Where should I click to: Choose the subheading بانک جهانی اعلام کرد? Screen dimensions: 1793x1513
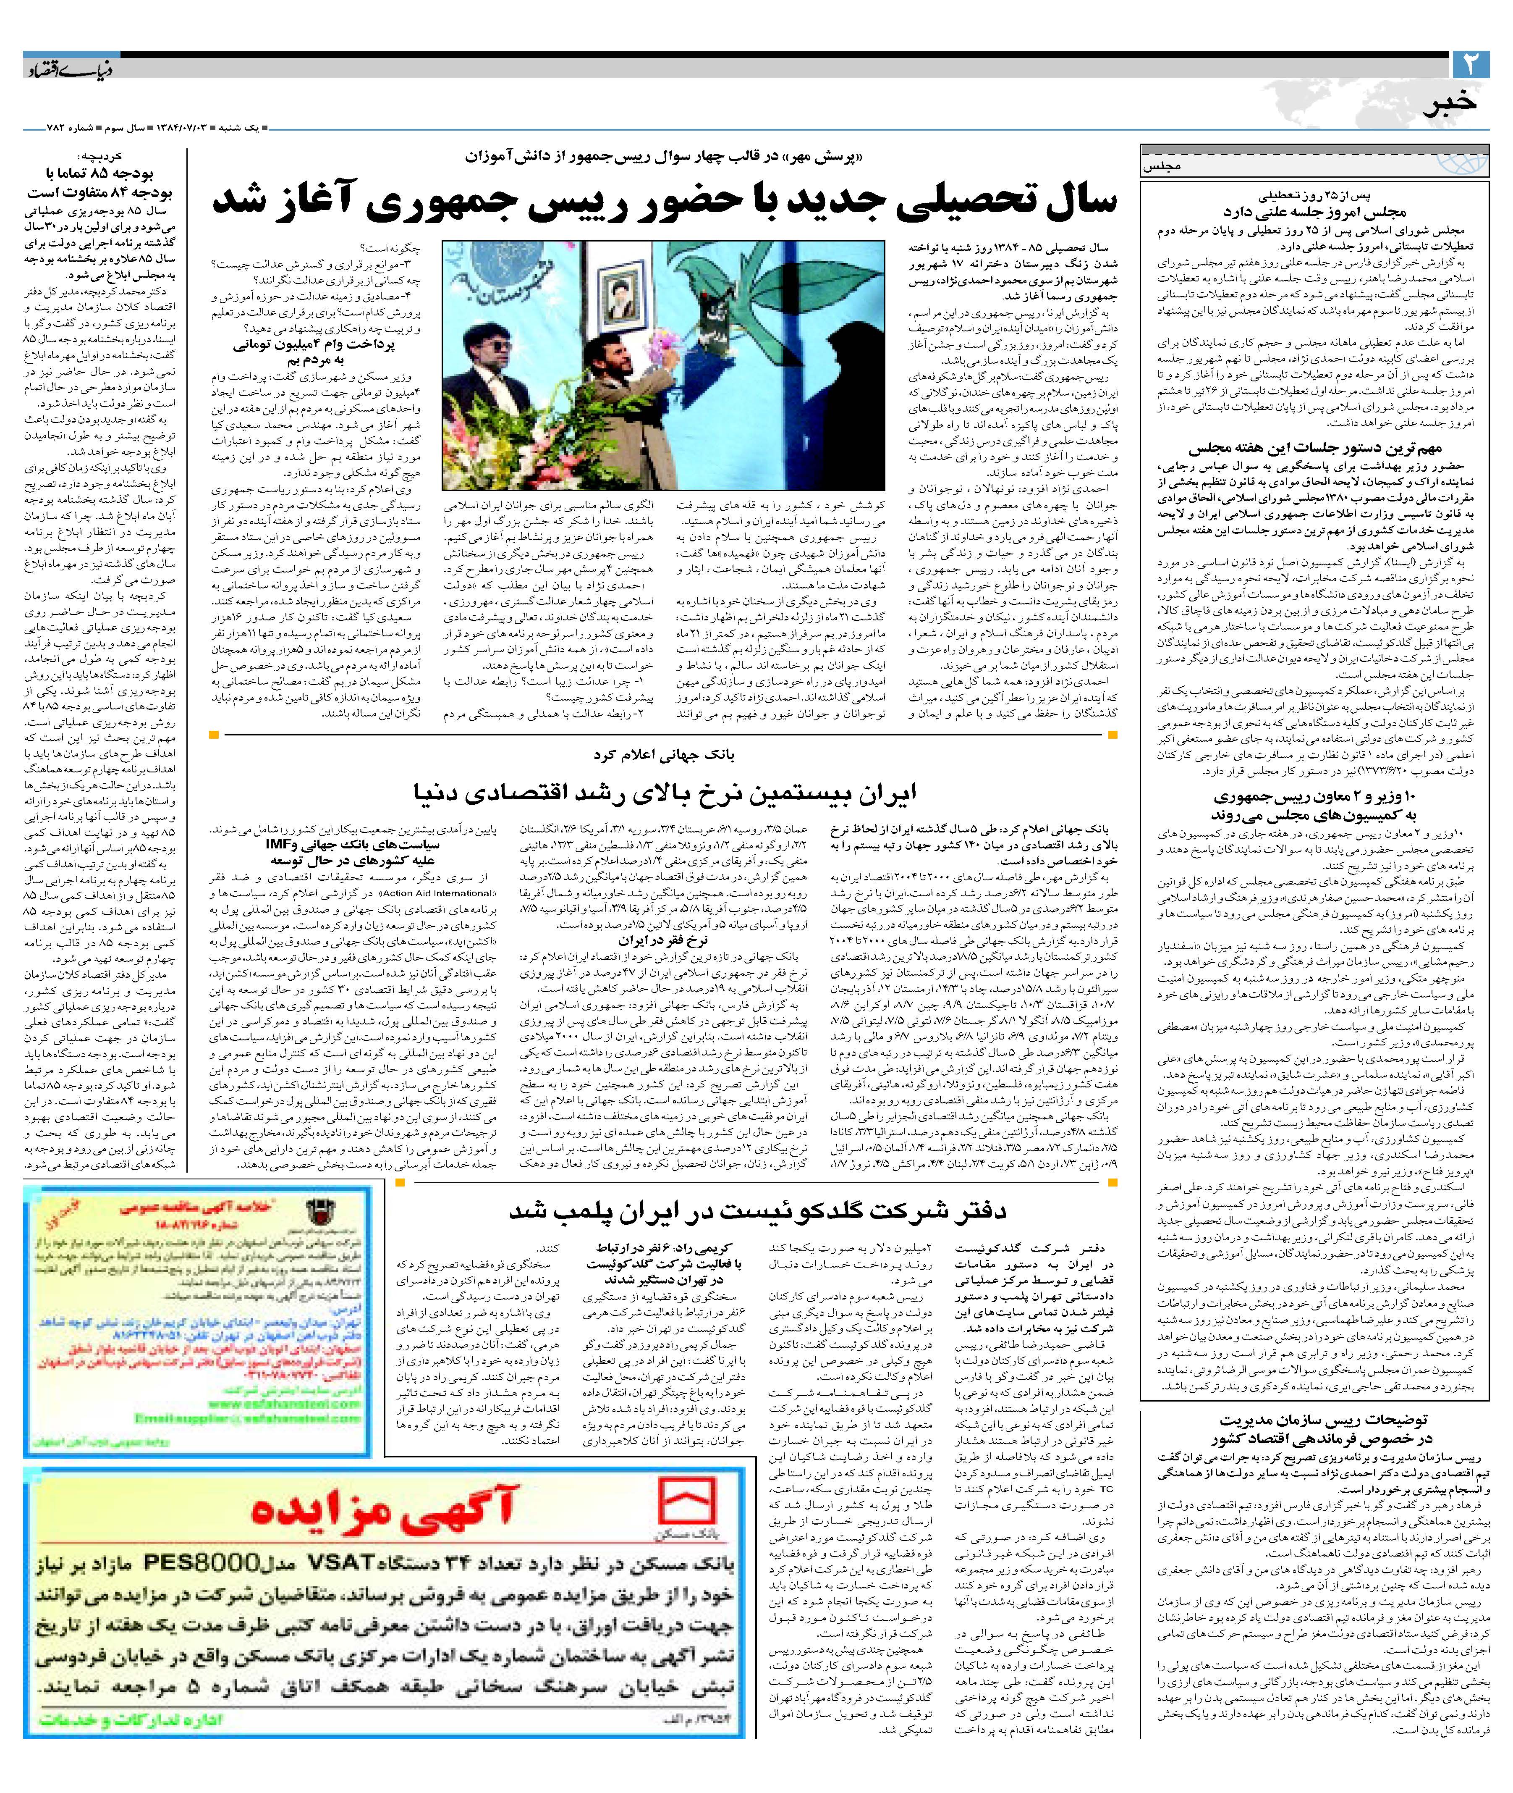click(665, 755)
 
